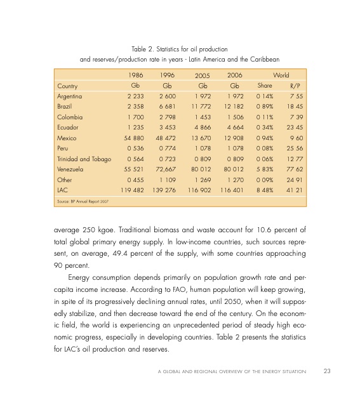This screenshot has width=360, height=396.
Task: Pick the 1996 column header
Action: (167, 74)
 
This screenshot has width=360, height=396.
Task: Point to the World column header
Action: (281, 74)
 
